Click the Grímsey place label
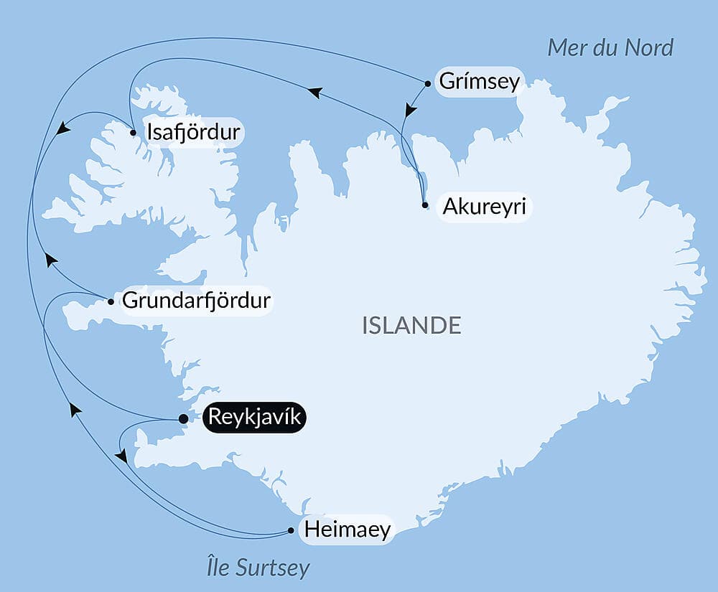click(x=479, y=81)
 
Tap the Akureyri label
click(x=485, y=207)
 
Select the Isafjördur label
click(x=193, y=132)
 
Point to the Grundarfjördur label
click(x=197, y=300)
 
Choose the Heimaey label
click(x=348, y=530)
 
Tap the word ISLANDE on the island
click(x=411, y=325)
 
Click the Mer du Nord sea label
click(x=610, y=47)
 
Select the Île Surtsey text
click(x=256, y=568)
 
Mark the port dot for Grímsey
click(x=428, y=83)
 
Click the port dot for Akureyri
click(x=426, y=205)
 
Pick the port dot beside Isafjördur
click(x=134, y=132)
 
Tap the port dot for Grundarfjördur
click(x=111, y=301)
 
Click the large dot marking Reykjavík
click(x=183, y=419)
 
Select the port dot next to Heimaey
click(x=291, y=531)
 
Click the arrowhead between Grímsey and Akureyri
click(x=410, y=111)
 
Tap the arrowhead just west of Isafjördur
click(x=63, y=128)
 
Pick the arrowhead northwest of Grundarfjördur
click(x=50, y=259)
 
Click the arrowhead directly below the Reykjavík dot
click(x=121, y=456)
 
